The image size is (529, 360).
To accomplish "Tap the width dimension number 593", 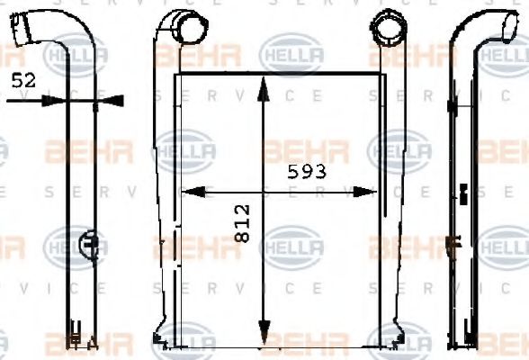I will tap(306, 170).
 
